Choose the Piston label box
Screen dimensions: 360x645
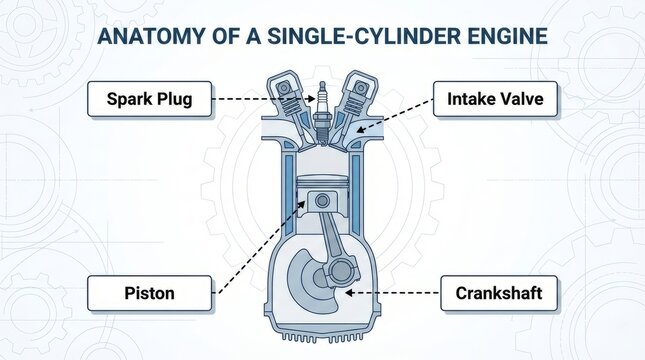pyautogui.click(x=149, y=293)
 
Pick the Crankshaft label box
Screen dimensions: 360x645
pyautogui.click(x=498, y=293)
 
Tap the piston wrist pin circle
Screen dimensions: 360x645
pyautogui.click(x=322, y=201)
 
